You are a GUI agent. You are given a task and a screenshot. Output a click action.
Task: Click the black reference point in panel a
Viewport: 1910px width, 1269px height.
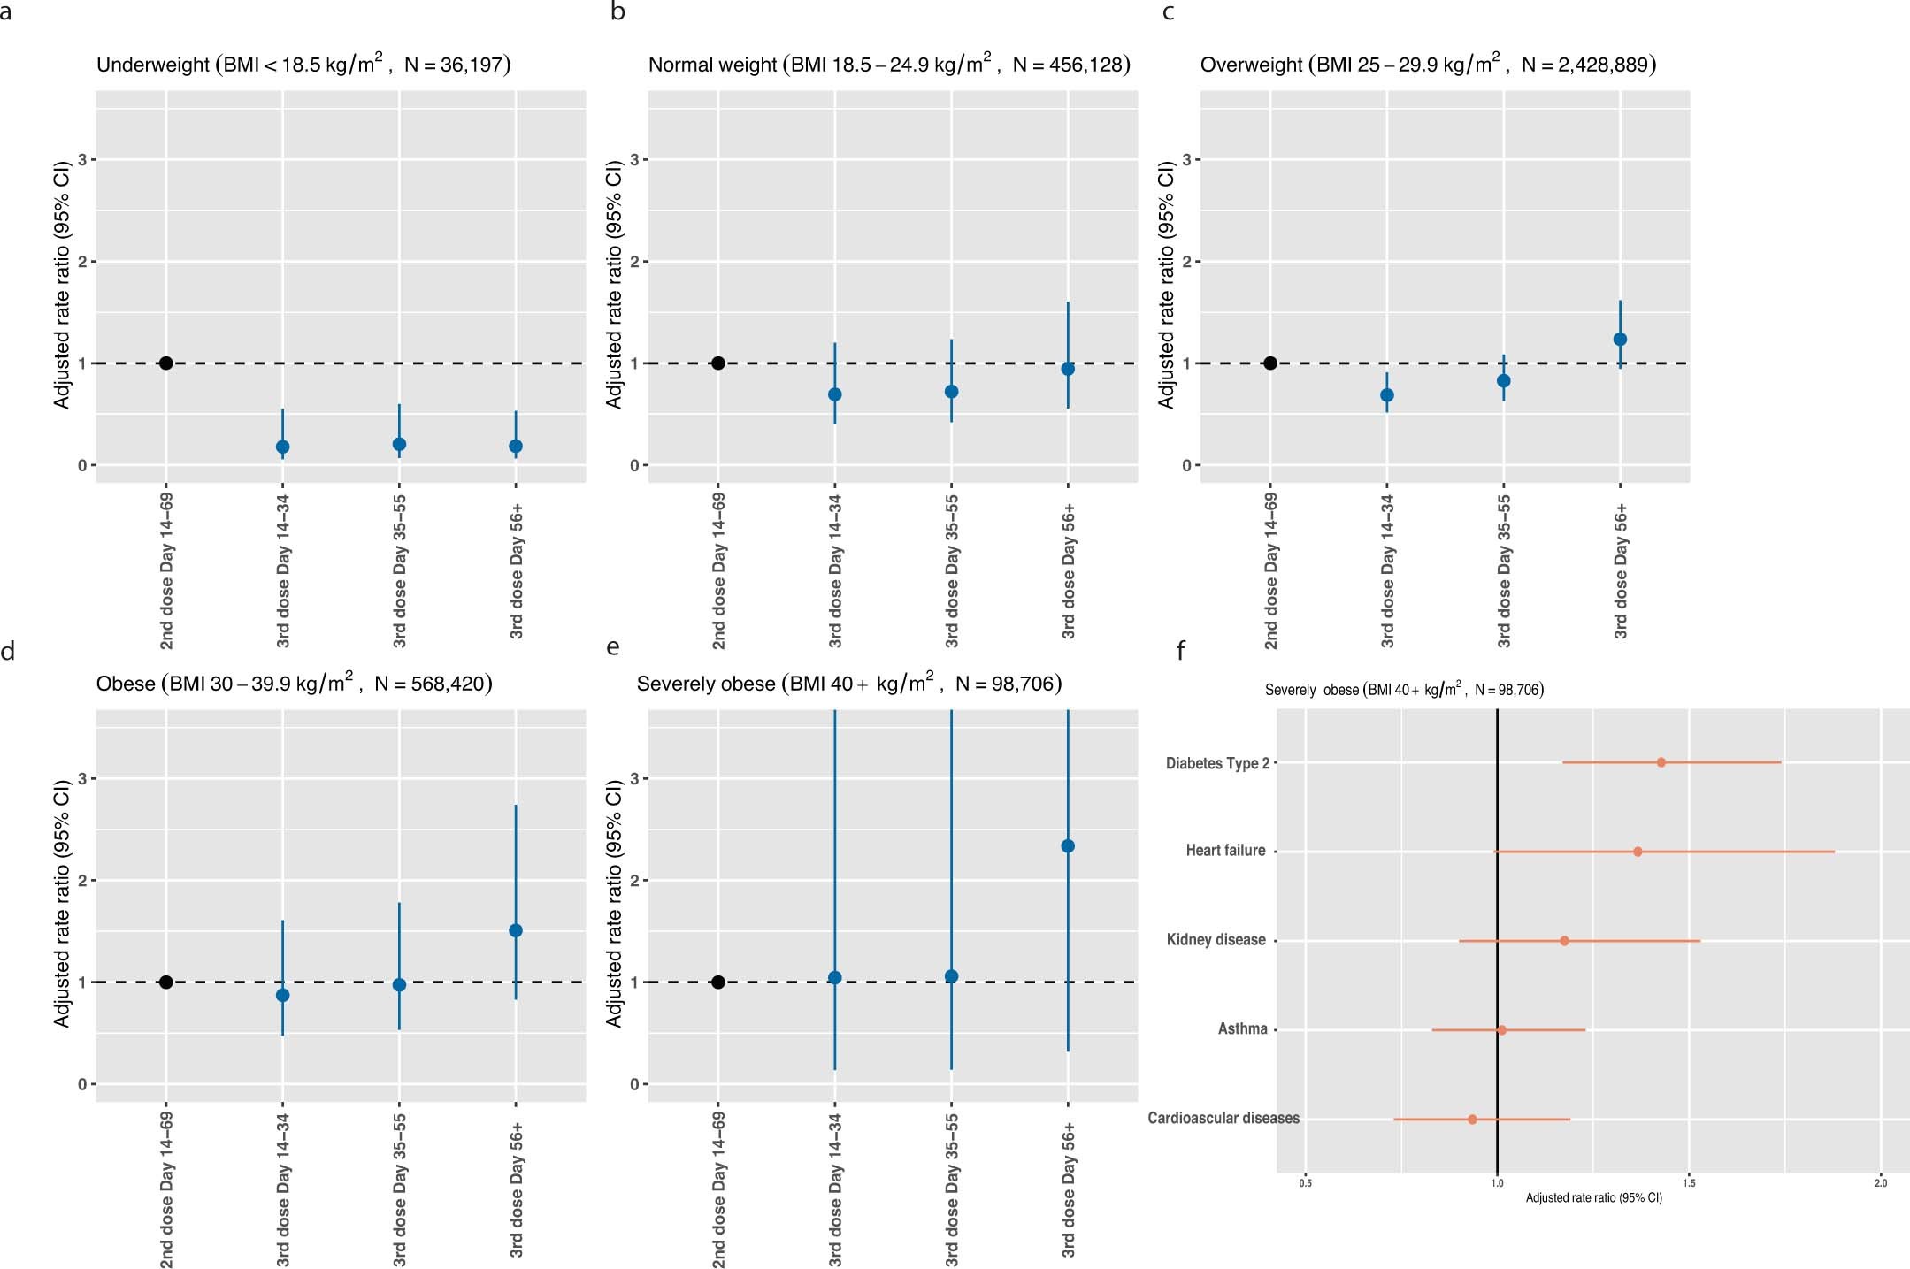coord(165,363)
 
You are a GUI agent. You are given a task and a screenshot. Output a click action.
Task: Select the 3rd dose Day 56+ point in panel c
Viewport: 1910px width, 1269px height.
coord(1620,339)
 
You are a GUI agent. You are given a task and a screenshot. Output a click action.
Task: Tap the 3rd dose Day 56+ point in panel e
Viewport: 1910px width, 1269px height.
coord(1068,845)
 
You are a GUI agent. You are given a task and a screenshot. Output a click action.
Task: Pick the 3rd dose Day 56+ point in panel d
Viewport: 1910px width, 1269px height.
coord(516,930)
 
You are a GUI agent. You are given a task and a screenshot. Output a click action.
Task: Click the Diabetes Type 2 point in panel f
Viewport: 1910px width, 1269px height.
coord(1661,762)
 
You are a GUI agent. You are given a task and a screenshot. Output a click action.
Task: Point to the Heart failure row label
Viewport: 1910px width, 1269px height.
coord(1225,851)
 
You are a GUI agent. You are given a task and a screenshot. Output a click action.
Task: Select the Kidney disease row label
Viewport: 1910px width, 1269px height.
coord(1216,940)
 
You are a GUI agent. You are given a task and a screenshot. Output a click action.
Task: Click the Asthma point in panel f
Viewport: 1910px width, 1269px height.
coord(1501,1030)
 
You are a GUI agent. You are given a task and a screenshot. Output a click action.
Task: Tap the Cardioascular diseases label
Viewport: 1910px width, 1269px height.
coord(1223,1119)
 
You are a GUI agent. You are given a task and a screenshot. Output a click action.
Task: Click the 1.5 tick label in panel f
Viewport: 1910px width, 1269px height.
coord(1689,1183)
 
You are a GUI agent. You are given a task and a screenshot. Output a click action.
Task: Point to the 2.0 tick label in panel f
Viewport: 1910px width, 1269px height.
coord(1881,1183)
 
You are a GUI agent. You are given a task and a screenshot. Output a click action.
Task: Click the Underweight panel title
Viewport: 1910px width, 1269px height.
coord(303,65)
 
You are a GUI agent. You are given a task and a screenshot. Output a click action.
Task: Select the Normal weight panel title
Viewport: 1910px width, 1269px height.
coord(888,65)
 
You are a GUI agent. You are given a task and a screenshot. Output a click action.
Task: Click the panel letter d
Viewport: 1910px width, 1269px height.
coord(8,652)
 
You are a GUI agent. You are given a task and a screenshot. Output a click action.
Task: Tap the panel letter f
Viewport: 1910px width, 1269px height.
coord(1181,652)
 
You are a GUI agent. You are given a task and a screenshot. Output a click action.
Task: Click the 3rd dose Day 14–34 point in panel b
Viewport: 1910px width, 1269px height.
coord(834,394)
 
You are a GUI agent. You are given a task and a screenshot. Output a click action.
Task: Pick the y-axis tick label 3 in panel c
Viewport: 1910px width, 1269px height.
coord(1186,159)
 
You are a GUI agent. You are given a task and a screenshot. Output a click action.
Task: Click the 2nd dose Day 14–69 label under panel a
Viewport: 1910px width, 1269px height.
coord(166,571)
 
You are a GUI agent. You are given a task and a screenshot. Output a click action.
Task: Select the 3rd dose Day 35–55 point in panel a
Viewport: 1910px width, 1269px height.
coord(399,444)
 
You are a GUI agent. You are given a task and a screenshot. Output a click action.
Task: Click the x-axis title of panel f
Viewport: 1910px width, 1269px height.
coord(1593,1198)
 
